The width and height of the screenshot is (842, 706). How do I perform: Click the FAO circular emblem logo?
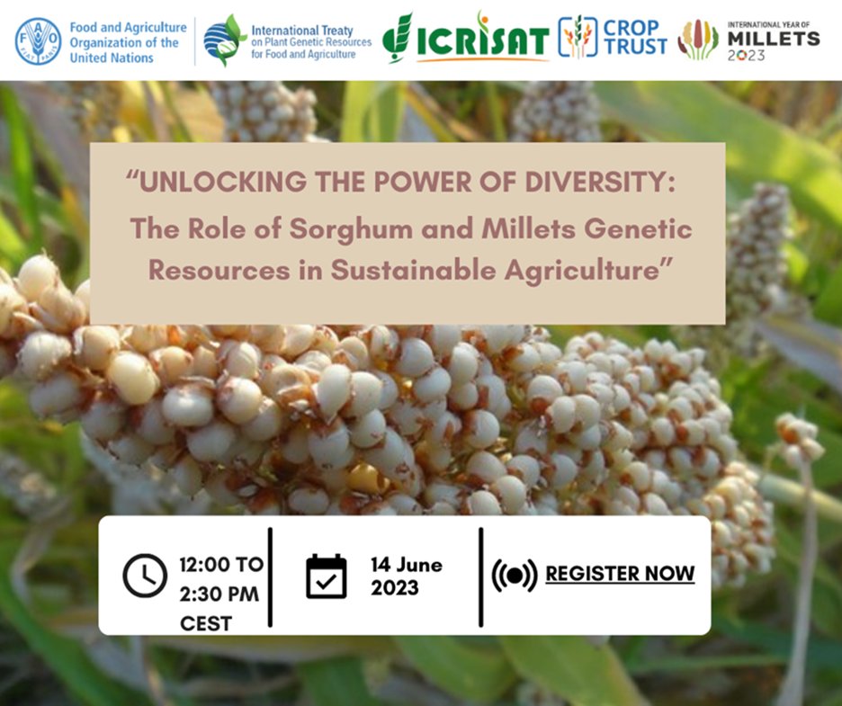click(39, 40)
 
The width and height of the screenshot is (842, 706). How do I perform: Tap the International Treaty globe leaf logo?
click(224, 40)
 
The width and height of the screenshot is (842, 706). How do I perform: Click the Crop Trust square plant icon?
click(578, 37)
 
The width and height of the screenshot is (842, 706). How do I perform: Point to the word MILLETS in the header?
click(773, 39)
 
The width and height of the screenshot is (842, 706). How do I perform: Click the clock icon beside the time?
click(145, 576)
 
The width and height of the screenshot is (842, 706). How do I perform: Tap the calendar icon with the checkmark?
click(326, 576)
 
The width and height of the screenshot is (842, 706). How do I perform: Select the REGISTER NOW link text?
click(620, 573)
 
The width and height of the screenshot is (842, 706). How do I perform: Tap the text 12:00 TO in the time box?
click(221, 565)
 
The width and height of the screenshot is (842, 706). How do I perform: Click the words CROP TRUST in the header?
click(636, 37)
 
